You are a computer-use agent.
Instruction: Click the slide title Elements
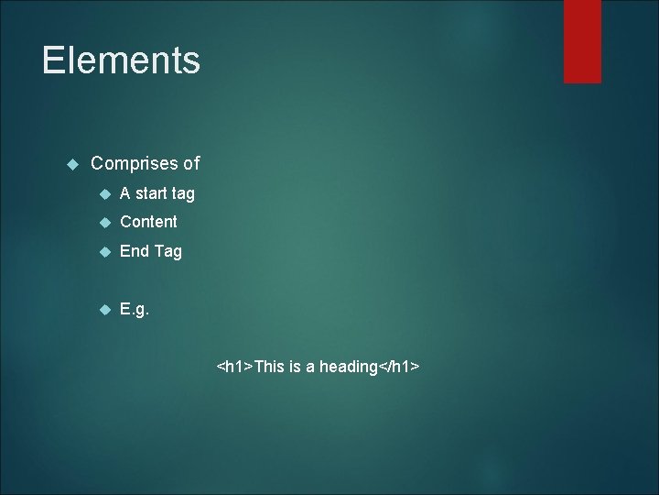[x=121, y=61]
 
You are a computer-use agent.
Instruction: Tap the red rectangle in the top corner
[x=582, y=41]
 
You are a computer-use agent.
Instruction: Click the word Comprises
[x=134, y=164]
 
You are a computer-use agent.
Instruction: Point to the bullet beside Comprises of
[x=72, y=165]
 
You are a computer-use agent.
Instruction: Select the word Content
[x=148, y=222]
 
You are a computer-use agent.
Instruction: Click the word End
[x=135, y=251]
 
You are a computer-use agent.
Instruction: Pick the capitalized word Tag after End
[x=168, y=251]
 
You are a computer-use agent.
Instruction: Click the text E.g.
[x=135, y=311]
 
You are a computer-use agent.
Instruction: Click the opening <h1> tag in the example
[x=234, y=368]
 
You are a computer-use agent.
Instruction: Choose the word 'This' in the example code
[x=270, y=368]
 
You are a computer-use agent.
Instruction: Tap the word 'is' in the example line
[x=296, y=368]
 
